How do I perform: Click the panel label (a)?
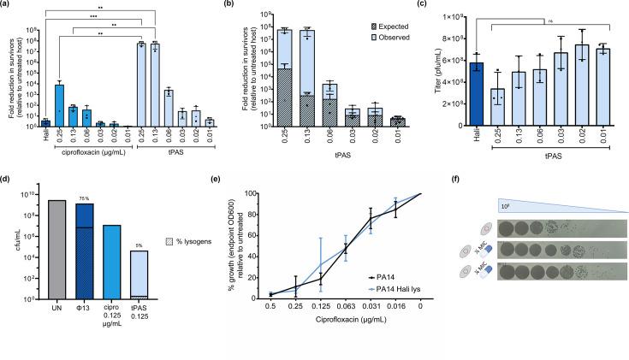[x=7, y=5]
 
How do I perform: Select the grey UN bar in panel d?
[x=57, y=249]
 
